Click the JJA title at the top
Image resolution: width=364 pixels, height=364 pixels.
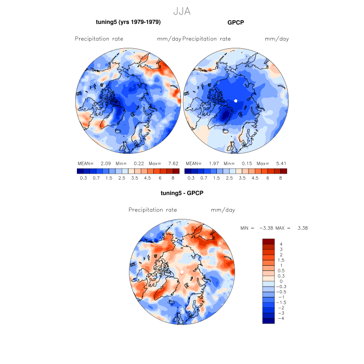[181, 11]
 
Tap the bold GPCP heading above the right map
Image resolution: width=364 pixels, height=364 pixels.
[236, 22]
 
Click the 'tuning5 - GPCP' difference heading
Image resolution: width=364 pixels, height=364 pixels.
[181, 193]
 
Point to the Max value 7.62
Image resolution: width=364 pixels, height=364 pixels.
[173, 163]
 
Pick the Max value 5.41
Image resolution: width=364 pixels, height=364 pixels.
[281, 163]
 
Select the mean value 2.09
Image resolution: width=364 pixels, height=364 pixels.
[106, 163]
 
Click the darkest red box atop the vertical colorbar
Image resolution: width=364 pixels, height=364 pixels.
[268, 241]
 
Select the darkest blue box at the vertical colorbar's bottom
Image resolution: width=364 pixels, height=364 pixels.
[268, 320]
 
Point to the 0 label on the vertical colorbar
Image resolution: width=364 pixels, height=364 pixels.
[281, 281]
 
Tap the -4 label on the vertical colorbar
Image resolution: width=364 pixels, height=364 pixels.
[281, 318]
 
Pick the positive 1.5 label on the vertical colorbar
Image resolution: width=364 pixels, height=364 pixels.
[281, 260]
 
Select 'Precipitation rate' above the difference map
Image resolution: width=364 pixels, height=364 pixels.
[152, 210]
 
